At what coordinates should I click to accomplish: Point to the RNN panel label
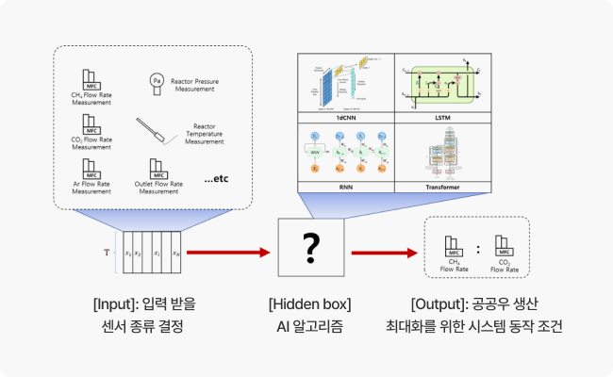pyautogui.click(x=345, y=188)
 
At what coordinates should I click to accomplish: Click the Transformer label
pyautogui.click(x=442, y=188)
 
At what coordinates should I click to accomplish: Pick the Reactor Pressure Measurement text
pyautogui.click(x=201, y=86)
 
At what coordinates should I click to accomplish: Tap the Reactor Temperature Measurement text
pyautogui.click(x=205, y=133)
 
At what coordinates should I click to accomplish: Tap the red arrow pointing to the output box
pyautogui.click(x=384, y=253)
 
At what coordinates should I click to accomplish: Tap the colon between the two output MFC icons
pyautogui.click(x=477, y=250)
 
